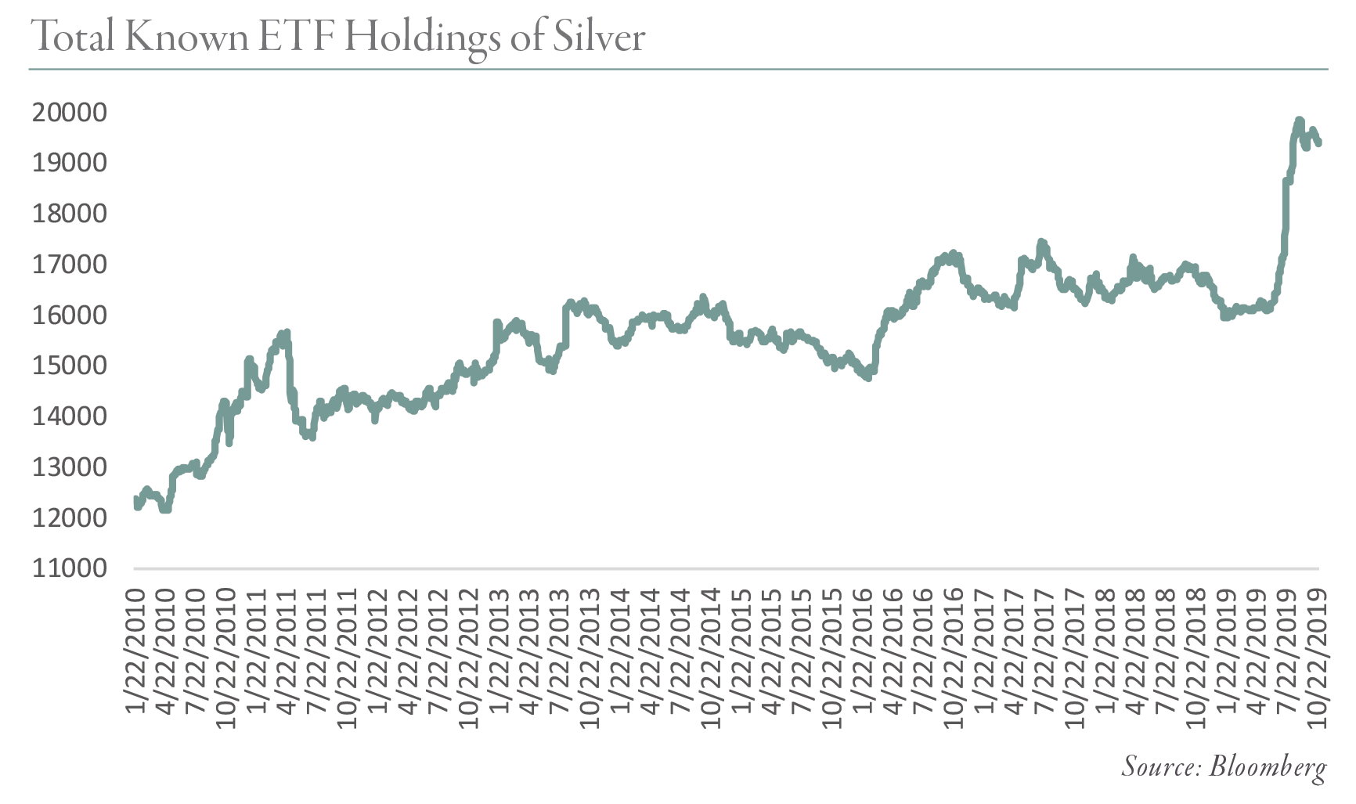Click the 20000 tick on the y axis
69,113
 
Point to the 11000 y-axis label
69,568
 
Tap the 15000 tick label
69,366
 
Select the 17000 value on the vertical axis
69,265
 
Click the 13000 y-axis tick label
69,467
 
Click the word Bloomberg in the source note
1268,766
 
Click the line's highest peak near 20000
1299,120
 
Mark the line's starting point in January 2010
136,499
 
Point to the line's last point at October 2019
1319,142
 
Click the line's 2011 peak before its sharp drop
287,333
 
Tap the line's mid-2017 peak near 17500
1040,242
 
